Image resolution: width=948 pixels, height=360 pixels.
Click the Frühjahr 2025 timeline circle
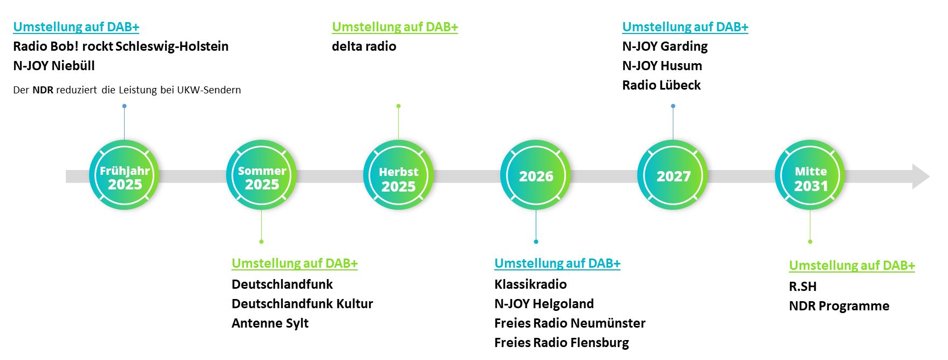pos(125,175)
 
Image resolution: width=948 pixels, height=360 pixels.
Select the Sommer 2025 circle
pos(262,175)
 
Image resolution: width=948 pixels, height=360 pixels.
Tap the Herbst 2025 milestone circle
pos(399,175)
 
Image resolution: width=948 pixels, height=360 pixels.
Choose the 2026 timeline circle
pos(536,175)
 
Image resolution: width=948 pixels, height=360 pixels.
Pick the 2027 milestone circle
pos(673,175)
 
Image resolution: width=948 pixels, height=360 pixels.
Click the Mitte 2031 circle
pos(810,175)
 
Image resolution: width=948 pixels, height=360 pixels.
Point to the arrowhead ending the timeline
pos(929,176)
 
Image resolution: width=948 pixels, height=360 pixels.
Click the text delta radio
pos(364,46)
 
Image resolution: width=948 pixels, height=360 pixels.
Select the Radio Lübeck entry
pos(661,85)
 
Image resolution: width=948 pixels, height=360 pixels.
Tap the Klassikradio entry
pos(530,284)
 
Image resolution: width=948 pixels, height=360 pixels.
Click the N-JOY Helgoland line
pos(544,304)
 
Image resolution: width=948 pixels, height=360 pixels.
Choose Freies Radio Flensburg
pos(562,343)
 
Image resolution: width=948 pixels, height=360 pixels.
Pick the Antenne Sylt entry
pos(270,323)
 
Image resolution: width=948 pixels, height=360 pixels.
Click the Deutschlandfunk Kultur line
pos(302,304)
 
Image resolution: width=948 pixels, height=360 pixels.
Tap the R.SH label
pos(803,287)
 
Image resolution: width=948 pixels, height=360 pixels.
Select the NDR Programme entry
pos(839,306)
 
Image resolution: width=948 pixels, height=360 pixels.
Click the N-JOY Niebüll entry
pos(54,66)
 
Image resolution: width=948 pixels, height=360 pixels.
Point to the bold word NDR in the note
pos(43,90)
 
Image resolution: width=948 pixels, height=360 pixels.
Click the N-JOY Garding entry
pos(665,46)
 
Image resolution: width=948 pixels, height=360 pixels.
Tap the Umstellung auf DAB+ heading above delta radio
pos(395,27)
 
